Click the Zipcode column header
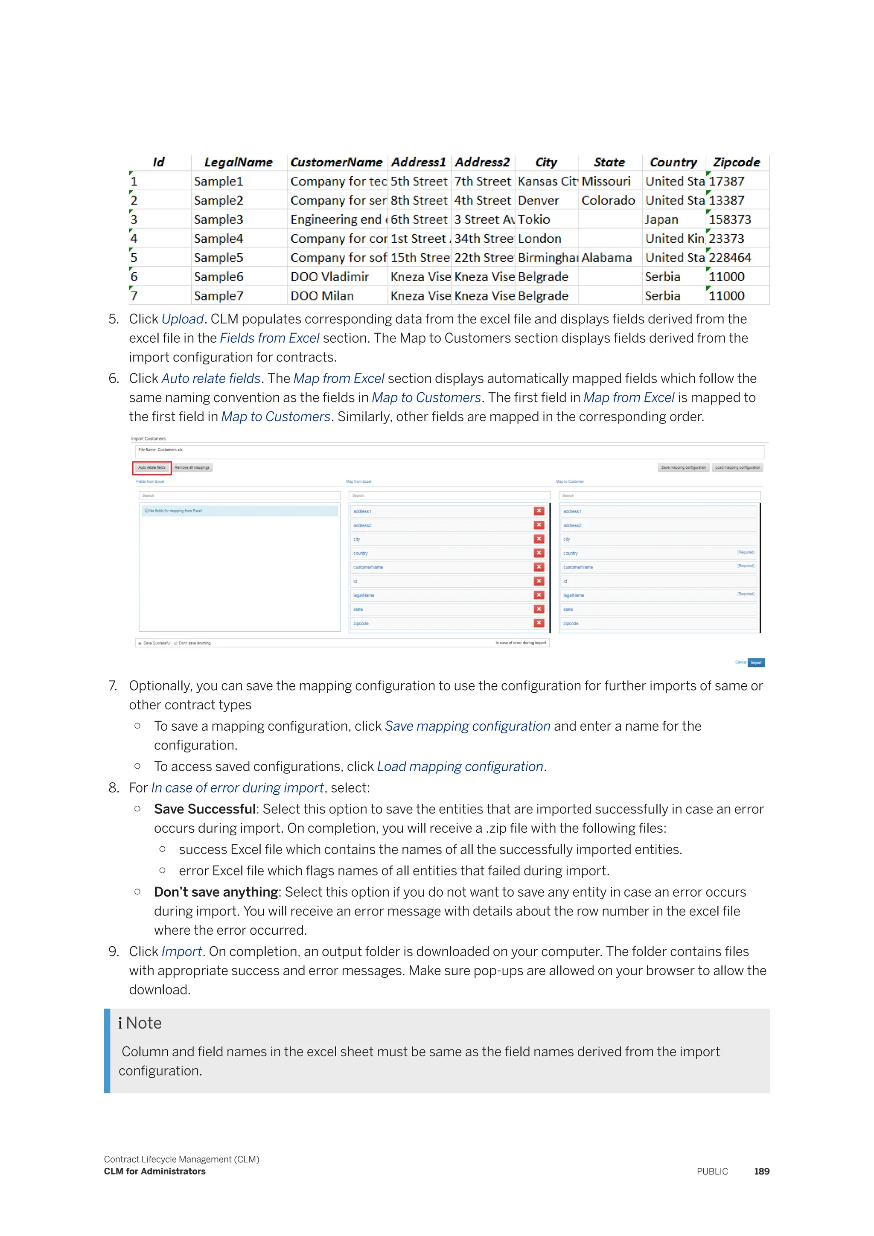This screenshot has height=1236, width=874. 736,162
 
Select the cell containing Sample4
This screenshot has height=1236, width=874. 218,239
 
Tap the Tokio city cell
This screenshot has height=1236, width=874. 534,220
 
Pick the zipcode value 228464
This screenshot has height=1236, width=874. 730,258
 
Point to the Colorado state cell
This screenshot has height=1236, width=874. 608,201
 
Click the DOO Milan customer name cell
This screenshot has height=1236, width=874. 322,296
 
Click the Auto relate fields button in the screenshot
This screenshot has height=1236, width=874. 152,468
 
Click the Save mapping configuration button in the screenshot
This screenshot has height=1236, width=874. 683,468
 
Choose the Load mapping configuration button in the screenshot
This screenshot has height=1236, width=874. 737,468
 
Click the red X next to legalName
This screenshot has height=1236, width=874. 539,595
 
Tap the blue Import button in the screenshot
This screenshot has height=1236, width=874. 756,663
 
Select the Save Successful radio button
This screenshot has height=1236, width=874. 140,643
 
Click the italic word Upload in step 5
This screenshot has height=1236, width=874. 183,319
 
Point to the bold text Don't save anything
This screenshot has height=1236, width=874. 216,892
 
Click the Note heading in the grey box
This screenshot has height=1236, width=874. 143,1023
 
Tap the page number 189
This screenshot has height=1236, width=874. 761,1172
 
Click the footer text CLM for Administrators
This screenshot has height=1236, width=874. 154,1172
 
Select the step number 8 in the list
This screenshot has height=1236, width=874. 113,788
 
